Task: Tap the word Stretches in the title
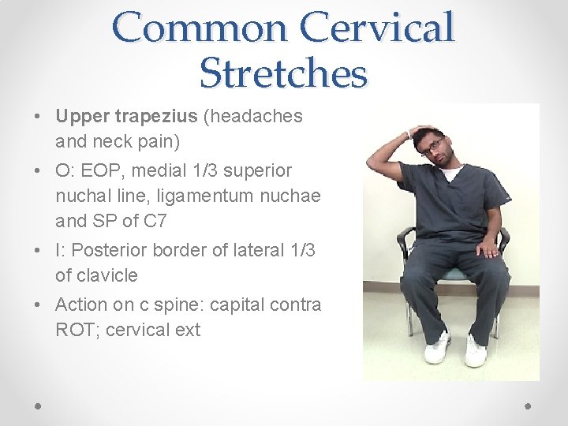pos(283,73)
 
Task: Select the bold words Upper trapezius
pos(126,116)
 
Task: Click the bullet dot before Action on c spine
pos(39,305)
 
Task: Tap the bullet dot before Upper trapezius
pos(39,117)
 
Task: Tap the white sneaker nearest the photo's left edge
pos(437,348)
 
